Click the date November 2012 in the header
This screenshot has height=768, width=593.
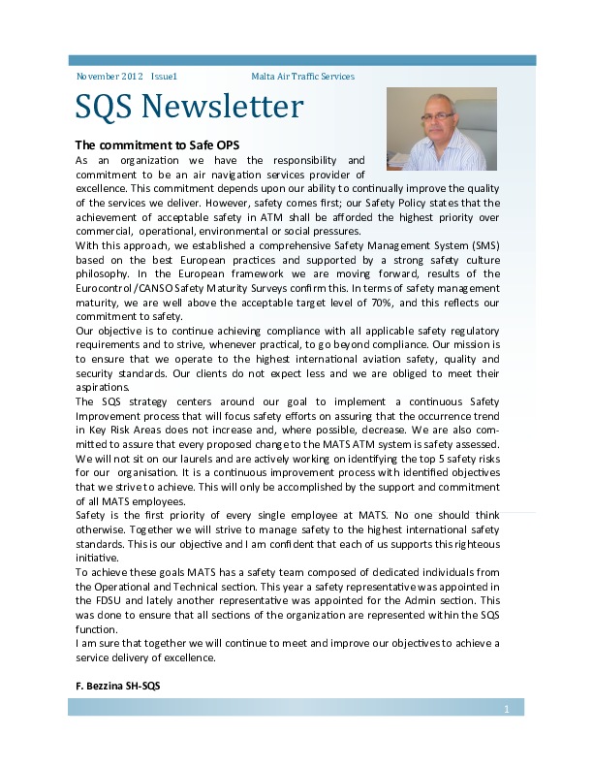109,76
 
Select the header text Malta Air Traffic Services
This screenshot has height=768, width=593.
302,76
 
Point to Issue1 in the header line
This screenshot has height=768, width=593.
164,76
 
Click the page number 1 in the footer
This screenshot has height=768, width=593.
506,710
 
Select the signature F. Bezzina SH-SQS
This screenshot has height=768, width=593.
117,686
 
